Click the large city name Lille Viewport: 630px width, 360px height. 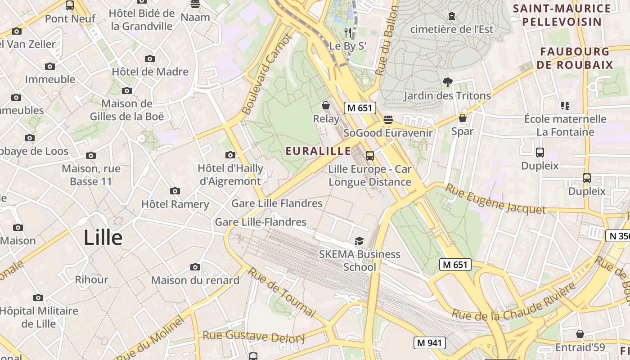pos(103,238)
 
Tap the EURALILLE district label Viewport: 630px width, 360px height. pos(318,151)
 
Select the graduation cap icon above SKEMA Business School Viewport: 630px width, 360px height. pos(359,241)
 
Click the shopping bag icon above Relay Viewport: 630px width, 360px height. pos(326,106)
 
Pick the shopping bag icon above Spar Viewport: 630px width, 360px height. pos(462,118)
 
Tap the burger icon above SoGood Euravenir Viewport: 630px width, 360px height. pos(388,120)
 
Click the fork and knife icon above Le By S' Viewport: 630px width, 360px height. pos(347,32)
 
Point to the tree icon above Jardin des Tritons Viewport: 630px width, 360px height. pos(447,82)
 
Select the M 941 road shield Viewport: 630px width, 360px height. pos(429,343)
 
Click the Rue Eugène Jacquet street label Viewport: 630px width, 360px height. pos(495,199)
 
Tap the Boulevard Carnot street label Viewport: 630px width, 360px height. pos(267,75)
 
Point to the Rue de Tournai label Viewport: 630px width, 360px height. pos(282,292)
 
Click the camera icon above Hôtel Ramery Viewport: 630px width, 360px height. pos(175,191)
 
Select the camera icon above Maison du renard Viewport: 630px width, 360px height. pos(195,267)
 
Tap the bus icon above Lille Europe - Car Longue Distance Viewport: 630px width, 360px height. pos(370,156)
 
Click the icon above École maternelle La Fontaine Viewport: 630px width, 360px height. pos(565,106)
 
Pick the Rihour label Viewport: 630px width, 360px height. pos(91,279)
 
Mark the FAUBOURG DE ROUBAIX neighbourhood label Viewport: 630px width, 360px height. pos(575,58)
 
